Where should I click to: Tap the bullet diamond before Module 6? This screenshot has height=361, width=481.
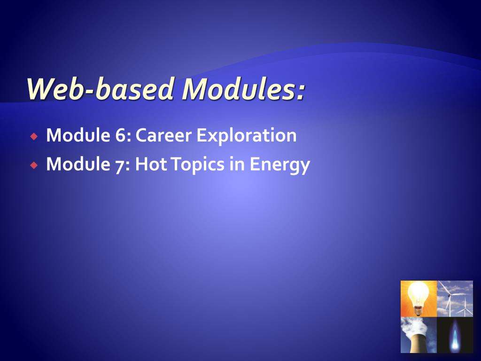click(x=33, y=137)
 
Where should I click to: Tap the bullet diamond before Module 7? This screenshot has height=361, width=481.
click(x=33, y=165)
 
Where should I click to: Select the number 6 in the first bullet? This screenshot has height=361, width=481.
click(x=119, y=136)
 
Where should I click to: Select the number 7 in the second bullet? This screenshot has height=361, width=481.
click(x=119, y=165)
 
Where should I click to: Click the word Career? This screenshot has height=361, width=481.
click(x=164, y=136)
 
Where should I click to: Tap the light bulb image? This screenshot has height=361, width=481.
click(x=418, y=298)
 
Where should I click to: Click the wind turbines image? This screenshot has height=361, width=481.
click(x=455, y=298)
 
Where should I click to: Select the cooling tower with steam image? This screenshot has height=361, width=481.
click(x=418, y=335)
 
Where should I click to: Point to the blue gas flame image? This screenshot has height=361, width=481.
click(x=455, y=335)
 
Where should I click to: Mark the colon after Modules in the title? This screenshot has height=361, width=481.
click(x=300, y=92)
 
